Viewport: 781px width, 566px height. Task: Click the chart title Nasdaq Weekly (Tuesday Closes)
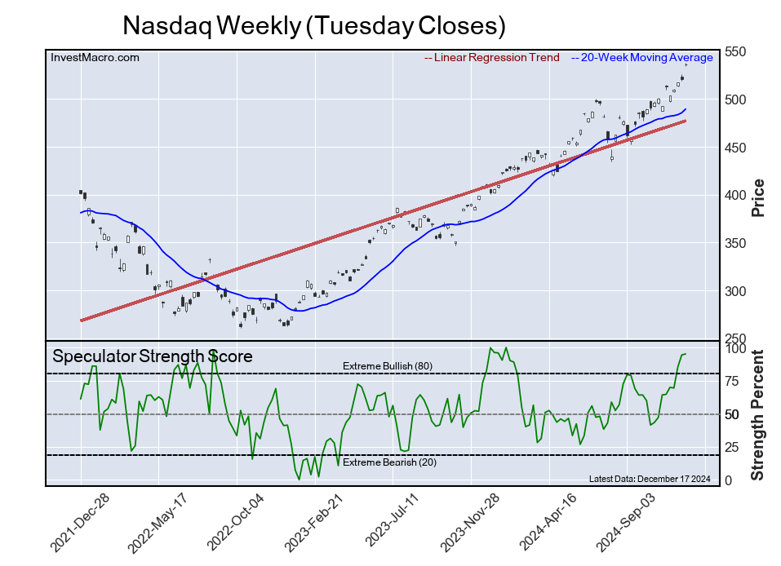point(314,25)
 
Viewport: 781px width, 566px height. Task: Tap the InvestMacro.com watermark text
point(95,57)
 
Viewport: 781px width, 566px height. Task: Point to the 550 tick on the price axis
point(737,51)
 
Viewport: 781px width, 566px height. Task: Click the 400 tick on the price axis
point(737,196)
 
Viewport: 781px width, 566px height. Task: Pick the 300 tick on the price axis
point(737,291)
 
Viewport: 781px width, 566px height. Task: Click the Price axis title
point(758,197)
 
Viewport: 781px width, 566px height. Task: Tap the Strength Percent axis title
point(758,415)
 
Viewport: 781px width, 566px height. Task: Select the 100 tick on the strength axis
point(737,348)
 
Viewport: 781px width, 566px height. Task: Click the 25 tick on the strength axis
point(734,448)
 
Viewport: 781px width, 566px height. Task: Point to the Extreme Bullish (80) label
point(388,366)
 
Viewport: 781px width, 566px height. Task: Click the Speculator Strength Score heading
point(153,356)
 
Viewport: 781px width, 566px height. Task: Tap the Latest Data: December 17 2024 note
point(650,478)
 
